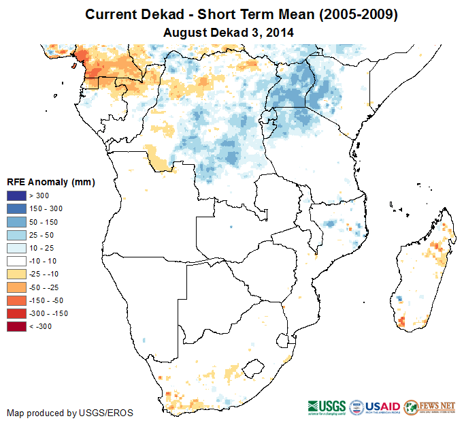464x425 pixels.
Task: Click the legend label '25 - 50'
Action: (44, 235)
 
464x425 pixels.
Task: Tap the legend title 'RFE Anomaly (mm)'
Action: (50, 182)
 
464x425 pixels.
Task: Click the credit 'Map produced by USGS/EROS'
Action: (70, 413)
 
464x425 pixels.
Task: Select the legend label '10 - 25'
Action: (44, 248)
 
